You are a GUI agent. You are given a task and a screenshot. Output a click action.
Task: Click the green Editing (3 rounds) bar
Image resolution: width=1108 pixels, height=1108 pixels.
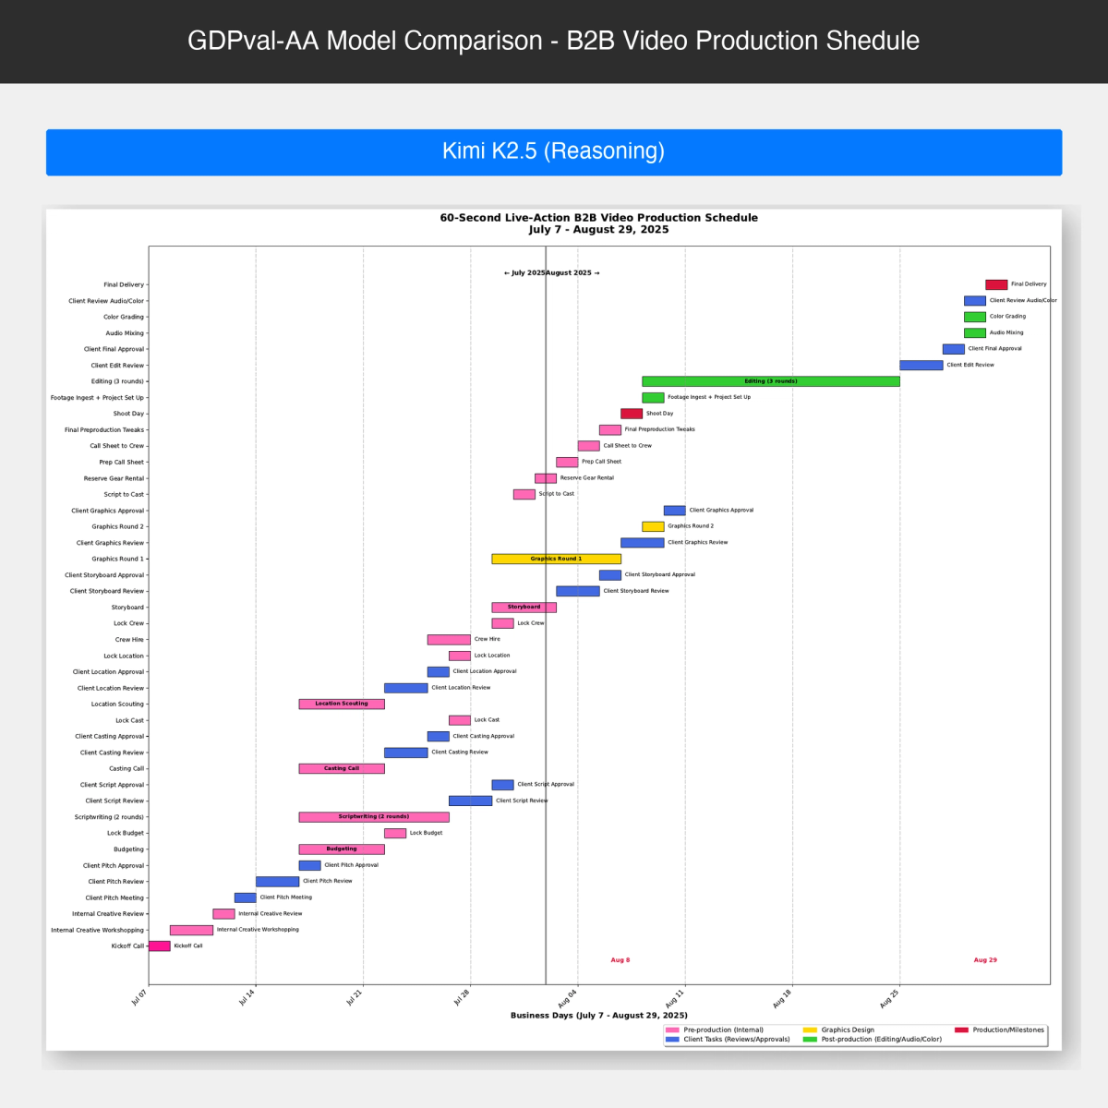(770, 381)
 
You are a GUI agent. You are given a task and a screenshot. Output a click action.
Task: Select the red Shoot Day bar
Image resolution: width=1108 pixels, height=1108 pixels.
(631, 414)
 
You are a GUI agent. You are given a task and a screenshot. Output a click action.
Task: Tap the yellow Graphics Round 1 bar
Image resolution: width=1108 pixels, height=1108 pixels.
(556, 559)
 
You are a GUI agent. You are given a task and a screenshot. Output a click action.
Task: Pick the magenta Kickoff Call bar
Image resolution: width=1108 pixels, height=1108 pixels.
(159, 945)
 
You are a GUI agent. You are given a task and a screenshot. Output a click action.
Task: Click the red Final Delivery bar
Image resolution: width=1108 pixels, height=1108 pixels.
(995, 284)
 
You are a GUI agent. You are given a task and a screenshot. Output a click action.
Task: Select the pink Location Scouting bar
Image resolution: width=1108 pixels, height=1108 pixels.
(341, 704)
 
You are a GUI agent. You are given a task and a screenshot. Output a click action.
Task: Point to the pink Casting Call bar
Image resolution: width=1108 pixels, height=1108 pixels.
(341, 768)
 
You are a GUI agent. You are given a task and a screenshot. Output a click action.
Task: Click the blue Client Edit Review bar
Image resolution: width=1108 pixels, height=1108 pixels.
(921, 365)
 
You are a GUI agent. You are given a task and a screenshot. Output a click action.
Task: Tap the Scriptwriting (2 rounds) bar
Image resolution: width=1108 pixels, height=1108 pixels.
(373, 817)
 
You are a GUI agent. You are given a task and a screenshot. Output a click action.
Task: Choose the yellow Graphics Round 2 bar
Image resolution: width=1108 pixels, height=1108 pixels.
(653, 526)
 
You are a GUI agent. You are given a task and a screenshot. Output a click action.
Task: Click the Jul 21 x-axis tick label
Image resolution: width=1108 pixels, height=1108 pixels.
(355, 998)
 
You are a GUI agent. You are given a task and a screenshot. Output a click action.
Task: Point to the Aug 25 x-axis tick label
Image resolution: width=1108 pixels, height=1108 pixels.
(889, 998)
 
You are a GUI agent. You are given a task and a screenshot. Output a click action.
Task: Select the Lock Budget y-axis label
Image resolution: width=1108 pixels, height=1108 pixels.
(126, 833)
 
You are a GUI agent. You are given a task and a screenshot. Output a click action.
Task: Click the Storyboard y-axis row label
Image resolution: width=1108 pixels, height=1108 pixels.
(127, 608)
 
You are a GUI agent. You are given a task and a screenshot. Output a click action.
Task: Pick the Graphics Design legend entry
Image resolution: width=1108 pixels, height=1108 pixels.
(847, 1030)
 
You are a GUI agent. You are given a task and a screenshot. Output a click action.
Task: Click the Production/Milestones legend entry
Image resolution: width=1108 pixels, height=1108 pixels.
(1007, 1030)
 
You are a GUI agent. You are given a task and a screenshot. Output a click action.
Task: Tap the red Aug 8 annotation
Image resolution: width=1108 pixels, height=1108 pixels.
(620, 960)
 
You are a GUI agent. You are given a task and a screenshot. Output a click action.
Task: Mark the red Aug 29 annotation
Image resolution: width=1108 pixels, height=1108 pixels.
(985, 960)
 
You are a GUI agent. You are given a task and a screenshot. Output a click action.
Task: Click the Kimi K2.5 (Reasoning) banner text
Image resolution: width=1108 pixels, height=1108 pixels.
(553, 151)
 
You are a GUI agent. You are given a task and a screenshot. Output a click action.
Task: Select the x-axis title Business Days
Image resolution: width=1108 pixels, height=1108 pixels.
(598, 1015)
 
